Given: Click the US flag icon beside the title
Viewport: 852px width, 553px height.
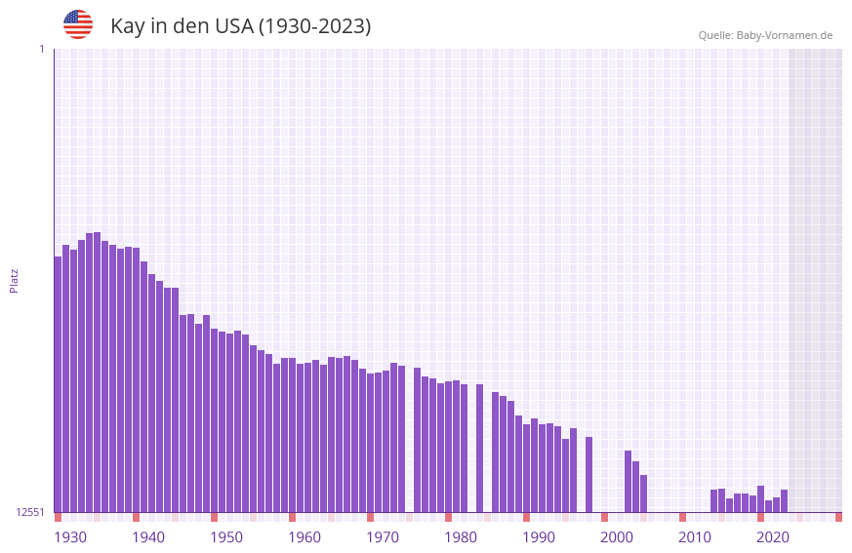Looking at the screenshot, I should click(x=78, y=24).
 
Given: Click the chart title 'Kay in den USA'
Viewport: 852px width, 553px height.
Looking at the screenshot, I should click(x=240, y=25).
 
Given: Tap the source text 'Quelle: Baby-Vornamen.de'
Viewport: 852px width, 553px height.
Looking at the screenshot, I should click(x=765, y=35).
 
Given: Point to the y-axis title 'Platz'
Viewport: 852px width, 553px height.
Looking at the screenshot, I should click(x=14, y=280).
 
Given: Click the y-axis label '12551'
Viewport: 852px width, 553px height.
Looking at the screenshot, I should click(x=29, y=512).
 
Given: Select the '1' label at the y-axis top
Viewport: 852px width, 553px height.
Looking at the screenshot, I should click(x=41, y=49).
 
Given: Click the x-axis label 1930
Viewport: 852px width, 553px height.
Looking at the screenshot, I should click(x=70, y=537).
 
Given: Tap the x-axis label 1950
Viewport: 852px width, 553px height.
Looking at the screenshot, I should click(x=226, y=537).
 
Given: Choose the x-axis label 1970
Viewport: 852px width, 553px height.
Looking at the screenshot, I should click(x=383, y=537).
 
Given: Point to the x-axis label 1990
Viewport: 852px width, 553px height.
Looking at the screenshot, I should click(x=539, y=537).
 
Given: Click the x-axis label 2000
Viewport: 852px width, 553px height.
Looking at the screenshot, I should click(x=617, y=537).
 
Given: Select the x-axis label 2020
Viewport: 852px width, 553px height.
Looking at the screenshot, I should click(x=773, y=537).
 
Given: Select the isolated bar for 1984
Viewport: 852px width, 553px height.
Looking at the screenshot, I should click(x=479, y=448).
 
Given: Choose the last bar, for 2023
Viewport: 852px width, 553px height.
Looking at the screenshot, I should click(x=784, y=500).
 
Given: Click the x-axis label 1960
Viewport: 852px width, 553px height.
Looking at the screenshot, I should click(x=304, y=537).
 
